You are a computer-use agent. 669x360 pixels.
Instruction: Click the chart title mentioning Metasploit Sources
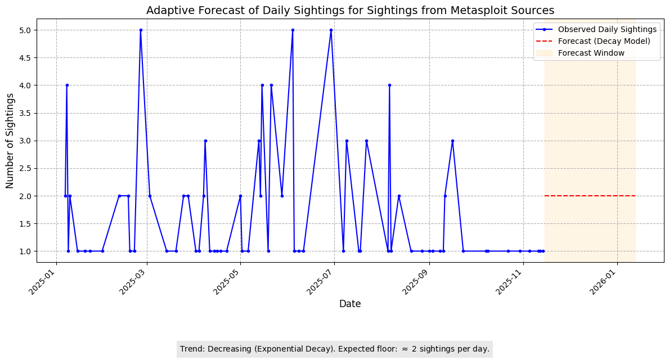(350, 10)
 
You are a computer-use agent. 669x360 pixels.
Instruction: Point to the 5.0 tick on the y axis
(26, 30)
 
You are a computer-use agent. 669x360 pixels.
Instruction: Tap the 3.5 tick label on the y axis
(26, 113)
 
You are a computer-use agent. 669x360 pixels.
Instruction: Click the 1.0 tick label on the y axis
(26, 251)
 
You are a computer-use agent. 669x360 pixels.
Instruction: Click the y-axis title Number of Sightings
(10, 141)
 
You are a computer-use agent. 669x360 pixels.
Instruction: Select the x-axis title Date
(350, 304)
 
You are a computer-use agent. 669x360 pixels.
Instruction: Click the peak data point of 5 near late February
(141, 30)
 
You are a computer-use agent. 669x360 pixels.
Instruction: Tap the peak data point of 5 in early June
(293, 30)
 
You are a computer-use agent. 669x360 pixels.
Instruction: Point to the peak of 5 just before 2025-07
(331, 30)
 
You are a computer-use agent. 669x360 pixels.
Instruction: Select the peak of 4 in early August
(389, 85)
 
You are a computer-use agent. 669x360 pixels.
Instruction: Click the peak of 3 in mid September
(452, 141)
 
